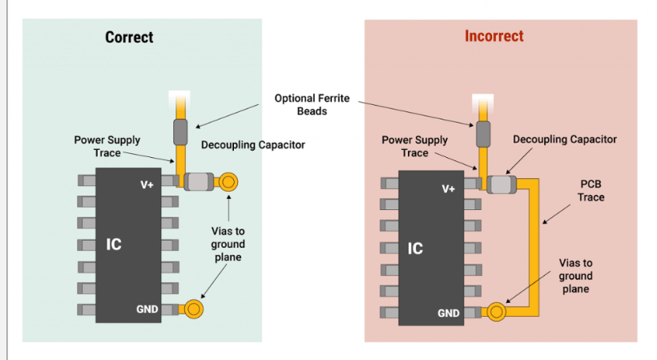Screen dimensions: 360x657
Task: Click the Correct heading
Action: point(129,37)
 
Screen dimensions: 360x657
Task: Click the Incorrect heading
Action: point(494,36)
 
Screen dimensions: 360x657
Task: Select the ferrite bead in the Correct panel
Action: point(180,131)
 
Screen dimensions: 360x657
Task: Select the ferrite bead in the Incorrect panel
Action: point(482,134)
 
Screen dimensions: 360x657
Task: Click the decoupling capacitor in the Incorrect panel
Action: point(500,185)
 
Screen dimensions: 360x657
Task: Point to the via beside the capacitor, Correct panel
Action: point(228,182)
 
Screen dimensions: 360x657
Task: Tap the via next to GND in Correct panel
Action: point(193,308)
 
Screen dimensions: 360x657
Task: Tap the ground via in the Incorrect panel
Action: point(496,311)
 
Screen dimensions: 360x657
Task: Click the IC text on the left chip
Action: point(114,244)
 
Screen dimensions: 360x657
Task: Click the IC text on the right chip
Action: point(415,248)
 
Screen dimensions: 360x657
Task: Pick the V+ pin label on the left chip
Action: point(147,184)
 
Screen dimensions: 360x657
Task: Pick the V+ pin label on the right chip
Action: point(449,188)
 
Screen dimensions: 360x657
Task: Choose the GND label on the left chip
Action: point(147,309)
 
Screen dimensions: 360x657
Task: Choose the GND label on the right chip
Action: point(449,313)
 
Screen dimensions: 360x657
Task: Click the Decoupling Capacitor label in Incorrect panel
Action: point(564,140)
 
